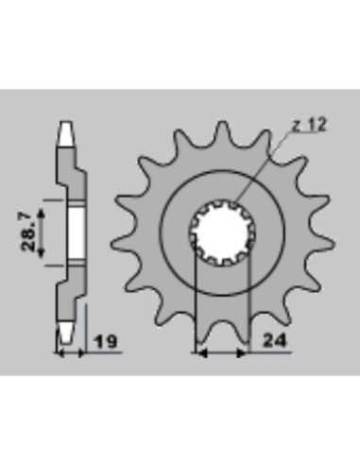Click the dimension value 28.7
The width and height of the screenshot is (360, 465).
(x=27, y=232)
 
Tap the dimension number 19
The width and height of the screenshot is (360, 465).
(x=107, y=342)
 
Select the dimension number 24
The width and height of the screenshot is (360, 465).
(x=275, y=340)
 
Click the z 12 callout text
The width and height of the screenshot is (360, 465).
(x=309, y=126)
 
